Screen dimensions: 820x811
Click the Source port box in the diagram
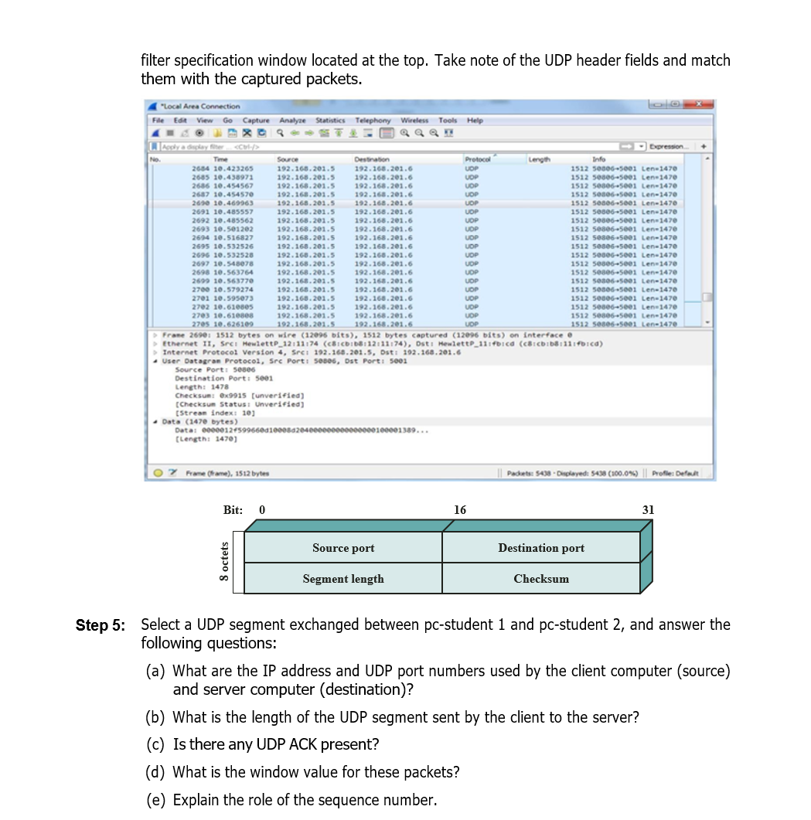[x=343, y=548]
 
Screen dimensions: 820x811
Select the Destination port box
[x=541, y=548]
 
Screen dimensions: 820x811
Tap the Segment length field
[x=343, y=579]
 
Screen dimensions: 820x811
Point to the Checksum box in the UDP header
[x=541, y=579]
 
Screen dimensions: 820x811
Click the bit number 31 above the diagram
[x=648, y=510]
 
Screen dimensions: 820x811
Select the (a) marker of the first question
[x=156, y=672]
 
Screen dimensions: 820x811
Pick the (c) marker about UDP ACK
[x=156, y=745]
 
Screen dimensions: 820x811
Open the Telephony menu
[x=373, y=121]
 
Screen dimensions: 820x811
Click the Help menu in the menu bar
[x=475, y=121]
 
